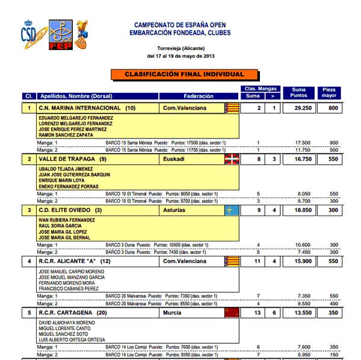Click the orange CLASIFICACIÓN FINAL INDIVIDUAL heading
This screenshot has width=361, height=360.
tap(185, 75)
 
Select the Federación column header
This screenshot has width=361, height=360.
tap(199, 96)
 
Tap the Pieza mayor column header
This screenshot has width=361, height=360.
tap(329, 93)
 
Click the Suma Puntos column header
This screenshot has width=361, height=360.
tap(298, 93)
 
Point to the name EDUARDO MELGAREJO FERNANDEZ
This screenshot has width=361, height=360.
tap(76, 118)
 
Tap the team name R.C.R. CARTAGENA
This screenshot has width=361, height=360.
tap(66, 313)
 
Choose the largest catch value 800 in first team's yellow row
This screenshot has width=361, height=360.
tap(329, 108)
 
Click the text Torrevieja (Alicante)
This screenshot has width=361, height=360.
tap(180, 48)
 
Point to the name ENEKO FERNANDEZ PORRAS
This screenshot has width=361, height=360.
tap(69, 186)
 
